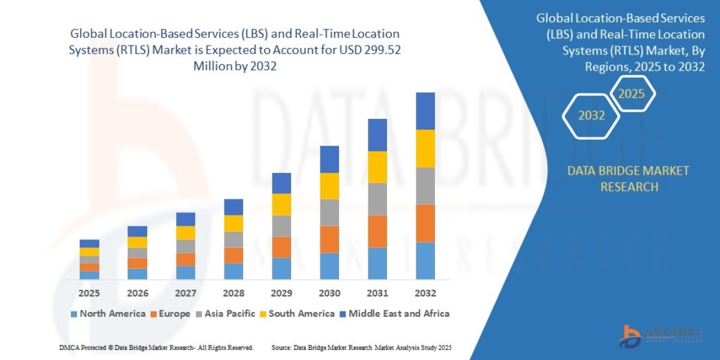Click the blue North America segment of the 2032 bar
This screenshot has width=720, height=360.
[425, 260]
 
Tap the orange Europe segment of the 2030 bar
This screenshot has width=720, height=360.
[329, 239]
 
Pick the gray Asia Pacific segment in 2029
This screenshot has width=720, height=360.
[281, 226]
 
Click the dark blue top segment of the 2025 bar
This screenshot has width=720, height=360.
[89, 243]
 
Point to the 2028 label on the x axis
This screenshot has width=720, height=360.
[233, 294]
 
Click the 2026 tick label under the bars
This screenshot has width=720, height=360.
[137, 294]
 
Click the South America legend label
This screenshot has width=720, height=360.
[301, 313]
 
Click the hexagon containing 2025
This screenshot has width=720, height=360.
[631, 94]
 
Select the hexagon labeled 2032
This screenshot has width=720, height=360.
[591, 115]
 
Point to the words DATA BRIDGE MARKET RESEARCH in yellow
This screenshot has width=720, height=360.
[628, 179]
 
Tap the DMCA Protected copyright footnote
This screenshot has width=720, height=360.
[156, 347]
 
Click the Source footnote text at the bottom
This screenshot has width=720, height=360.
[361, 347]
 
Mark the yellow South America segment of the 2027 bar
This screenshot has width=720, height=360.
[185, 233]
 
